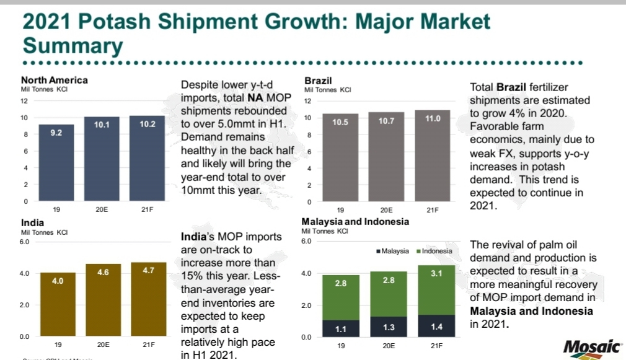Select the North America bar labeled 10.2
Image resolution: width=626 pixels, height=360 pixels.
[147, 158]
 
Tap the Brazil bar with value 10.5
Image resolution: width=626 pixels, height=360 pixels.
[340, 158]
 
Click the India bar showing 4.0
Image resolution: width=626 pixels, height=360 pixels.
[58, 304]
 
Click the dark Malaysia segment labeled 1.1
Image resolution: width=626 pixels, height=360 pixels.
[340, 328]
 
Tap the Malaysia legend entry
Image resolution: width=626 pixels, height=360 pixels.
[392, 251]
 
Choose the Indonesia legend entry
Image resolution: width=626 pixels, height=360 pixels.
[436, 251]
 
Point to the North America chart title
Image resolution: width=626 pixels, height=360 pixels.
[55, 80]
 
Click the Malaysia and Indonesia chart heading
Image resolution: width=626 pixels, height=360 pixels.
[355, 222]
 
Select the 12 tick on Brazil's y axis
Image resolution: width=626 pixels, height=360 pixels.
[307, 101]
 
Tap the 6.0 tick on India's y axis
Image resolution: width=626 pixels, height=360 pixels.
[25, 241]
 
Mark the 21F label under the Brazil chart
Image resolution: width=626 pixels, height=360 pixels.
[432, 210]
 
